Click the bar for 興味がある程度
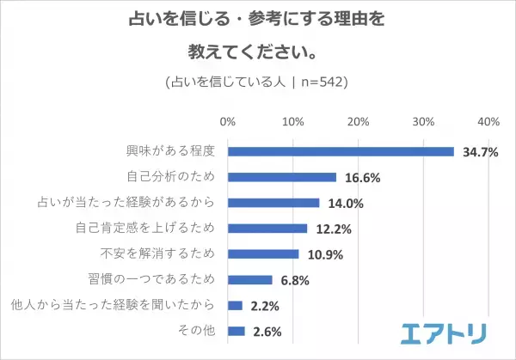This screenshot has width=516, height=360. [x=341, y=152]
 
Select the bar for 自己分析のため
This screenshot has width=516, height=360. [x=282, y=177]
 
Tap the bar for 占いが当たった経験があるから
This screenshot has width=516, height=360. [x=273, y=203]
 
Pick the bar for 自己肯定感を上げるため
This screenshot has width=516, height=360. [x=267, y=229]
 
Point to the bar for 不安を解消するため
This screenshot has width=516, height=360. [x=263, y=254]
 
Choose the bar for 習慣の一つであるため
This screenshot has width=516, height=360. [x=250, y=280]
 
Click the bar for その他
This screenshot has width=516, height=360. [x=236, y=331]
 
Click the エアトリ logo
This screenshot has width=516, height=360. [x=445, y=333]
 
